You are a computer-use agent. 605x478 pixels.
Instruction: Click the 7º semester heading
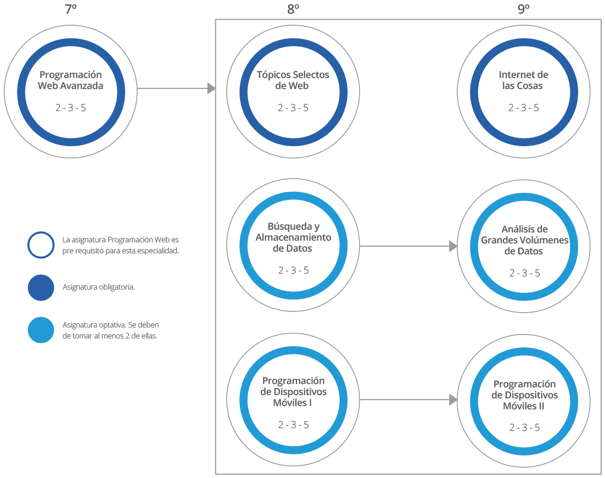pos(70,9)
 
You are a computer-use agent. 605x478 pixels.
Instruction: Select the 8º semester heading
pos(293,9)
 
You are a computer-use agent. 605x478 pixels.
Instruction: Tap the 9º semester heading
pos(523,9)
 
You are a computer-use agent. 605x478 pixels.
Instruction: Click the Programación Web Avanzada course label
pos(70,80)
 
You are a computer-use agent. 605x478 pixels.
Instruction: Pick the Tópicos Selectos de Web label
pos(293,80)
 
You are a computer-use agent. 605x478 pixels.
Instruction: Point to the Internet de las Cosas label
pos(523,80)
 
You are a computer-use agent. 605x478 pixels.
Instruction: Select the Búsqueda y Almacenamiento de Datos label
pos(293,237)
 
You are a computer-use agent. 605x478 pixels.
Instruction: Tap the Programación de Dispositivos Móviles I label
pos(293,392)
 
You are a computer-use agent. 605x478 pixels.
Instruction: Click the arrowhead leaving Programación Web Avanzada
pos(211,88)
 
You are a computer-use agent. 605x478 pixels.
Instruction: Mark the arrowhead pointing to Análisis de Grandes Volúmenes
pos(453,246)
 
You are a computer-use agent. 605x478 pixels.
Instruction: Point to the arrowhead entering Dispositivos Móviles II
pos(453,399)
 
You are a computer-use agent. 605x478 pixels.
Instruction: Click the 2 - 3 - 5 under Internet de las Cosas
pos(523,108)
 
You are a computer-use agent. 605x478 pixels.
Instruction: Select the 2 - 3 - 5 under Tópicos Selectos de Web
pos(293,108)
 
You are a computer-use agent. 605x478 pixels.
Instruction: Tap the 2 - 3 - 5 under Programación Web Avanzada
pos(70,108)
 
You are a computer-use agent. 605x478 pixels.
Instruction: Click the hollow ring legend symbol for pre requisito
pos(41,245)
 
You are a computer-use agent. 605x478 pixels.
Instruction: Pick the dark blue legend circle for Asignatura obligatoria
pos(41,287)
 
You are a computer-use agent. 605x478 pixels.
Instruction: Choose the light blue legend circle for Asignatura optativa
pos(41,330)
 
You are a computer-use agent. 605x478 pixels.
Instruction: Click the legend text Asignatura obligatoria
pos(99,287)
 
